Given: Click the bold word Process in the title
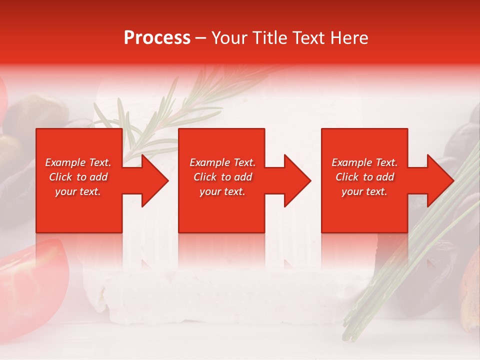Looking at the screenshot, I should pyautogui.click(x=157, y=38).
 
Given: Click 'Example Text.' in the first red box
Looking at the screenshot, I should pyautogui.click(x=78, y=162).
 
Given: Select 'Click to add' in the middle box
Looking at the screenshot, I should pyautogui.click(x=222, y=177).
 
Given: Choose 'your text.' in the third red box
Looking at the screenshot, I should pyautogui.click(x=364, y=191).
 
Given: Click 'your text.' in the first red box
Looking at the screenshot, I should pyautogui.click(x=78, y=191).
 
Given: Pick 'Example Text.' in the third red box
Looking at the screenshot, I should pyautogui.click(x=364, y=162).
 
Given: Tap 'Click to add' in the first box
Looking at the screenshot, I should pyautogui.click(x=78, y=177).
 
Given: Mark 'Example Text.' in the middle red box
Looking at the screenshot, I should pyautogui.click(x=222, y=162).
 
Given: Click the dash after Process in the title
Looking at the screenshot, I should pyautogui.click(x=201, y=38).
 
